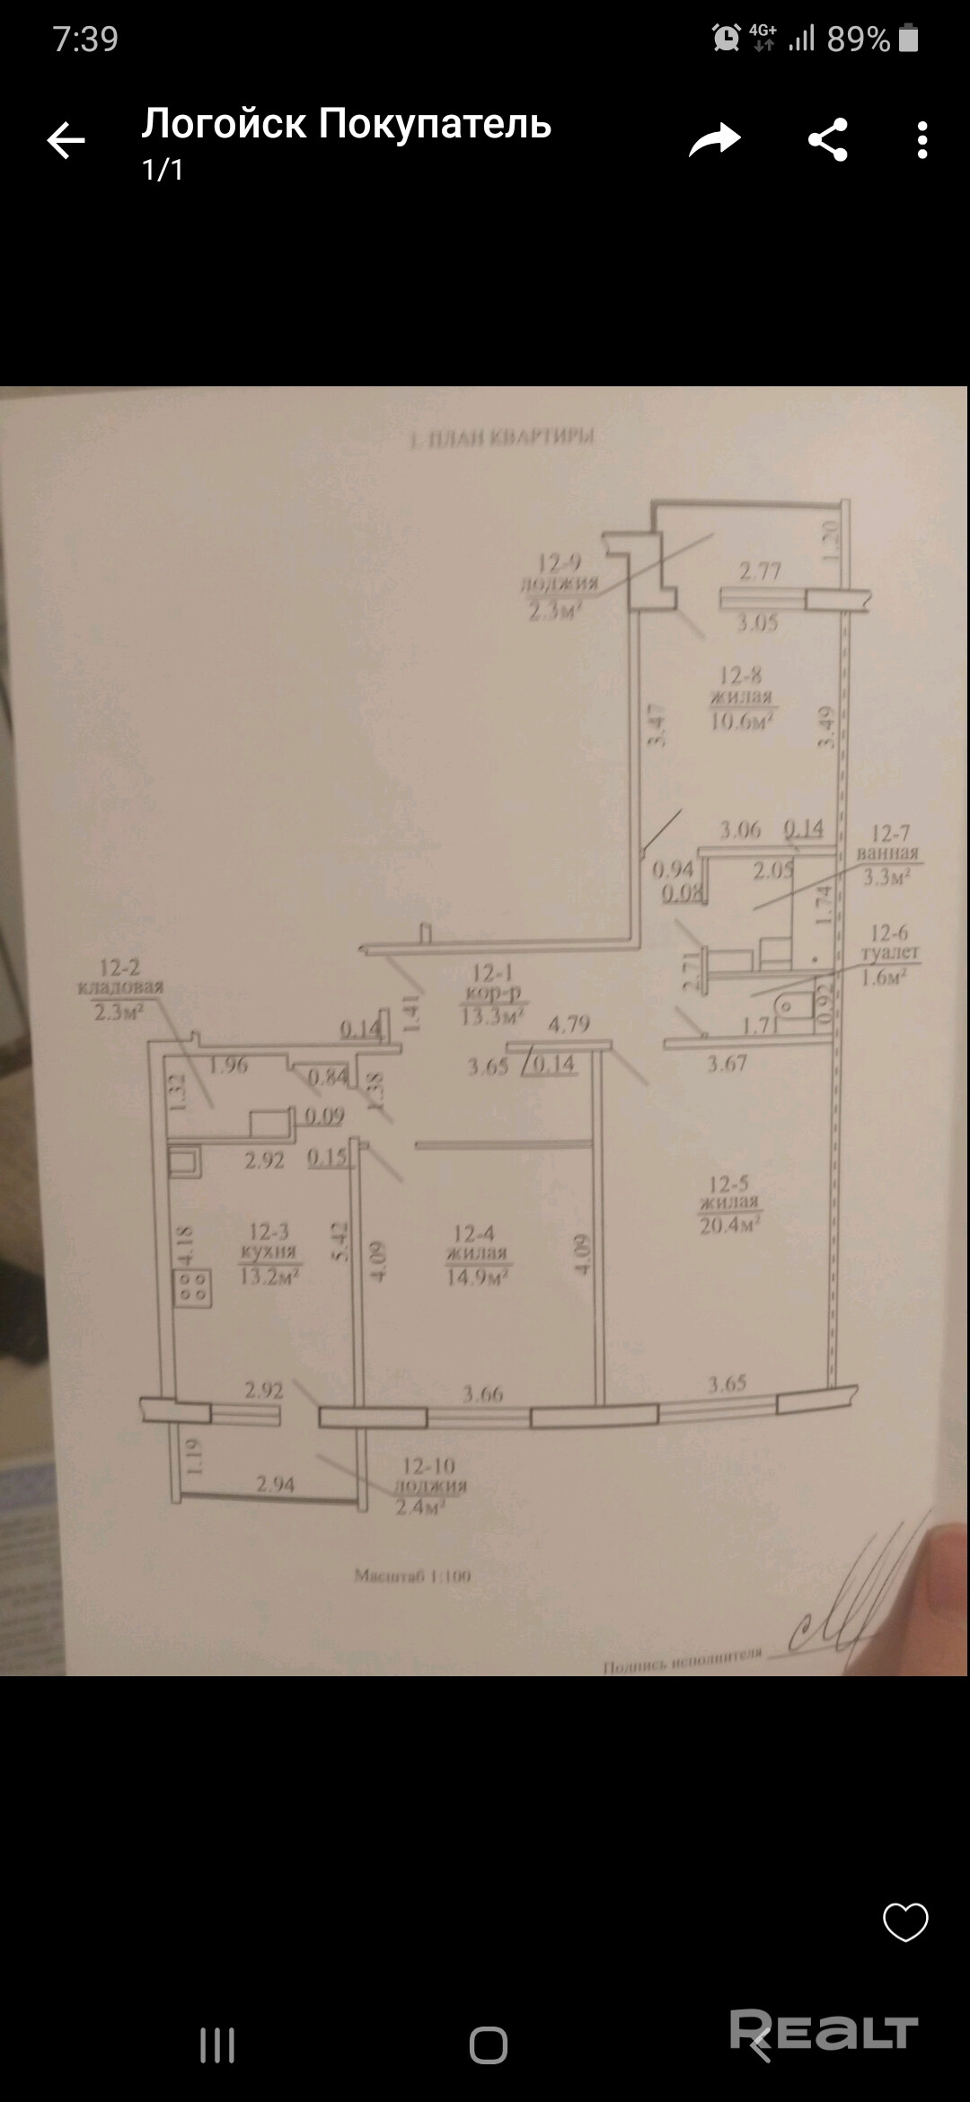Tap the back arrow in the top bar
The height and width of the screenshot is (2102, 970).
point(66,140)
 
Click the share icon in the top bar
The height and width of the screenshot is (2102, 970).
point(827,140)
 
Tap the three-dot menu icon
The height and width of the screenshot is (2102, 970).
point(922,140)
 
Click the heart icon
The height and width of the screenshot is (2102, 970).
point(904,1923)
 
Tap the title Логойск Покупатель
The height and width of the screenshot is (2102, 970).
point(346,124)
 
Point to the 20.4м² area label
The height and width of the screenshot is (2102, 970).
point(730,1224)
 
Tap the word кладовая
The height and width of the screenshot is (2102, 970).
point(120,987)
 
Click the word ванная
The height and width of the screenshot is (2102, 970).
point(887,854)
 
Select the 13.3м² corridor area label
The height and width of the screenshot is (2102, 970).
point(491,1017)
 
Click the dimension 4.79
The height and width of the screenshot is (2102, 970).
point(568,1023)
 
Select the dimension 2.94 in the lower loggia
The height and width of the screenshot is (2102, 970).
point(275,1484)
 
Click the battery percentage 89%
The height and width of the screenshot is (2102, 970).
point(858,40)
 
